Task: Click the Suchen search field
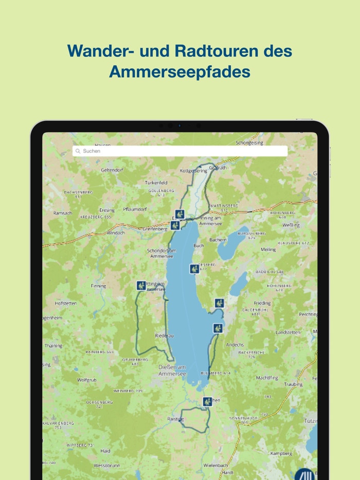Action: [180, 151]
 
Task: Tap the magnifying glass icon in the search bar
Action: [78, 151]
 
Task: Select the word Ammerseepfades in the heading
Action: [179, 72]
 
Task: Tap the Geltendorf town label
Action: [112, 170]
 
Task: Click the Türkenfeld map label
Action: [156, 182]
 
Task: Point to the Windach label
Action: [116, 233]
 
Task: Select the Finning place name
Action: [98, 286]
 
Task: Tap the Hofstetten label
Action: [65, 303]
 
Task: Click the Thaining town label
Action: [53, 346]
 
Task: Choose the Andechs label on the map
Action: [235, 345]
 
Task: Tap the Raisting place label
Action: [175, 419]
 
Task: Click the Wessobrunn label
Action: [107, 466]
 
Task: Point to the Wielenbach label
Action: [215, 465]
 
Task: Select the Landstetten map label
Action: [287, 333]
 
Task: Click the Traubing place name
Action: [293, 384]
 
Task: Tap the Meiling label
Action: [268, 250]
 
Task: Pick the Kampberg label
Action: [281, 454]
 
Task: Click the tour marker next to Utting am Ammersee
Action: [141, 285]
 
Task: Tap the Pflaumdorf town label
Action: [135, 210]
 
